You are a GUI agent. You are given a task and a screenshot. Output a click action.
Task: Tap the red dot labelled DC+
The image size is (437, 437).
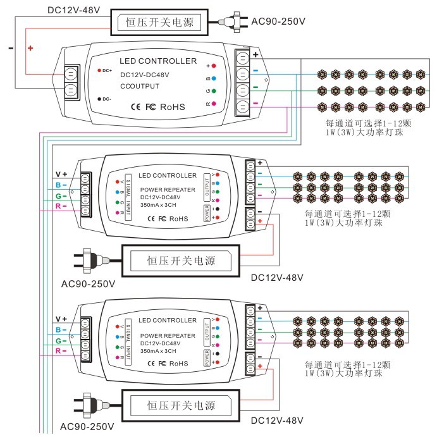pyautogui.click(x=99, y=70)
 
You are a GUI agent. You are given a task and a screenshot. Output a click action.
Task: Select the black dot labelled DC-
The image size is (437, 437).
pyautogui.click(x=99, y=99)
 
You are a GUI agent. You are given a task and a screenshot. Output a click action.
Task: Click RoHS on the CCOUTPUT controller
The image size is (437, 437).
pyautogui.click(x=173, y=108)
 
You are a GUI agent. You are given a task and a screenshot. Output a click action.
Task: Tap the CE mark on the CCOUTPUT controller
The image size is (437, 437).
pyautogui.click(x=135, y=108)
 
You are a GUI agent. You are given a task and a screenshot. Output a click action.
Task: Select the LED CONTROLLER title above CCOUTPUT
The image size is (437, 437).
pyautogui.click(x=158, y=61)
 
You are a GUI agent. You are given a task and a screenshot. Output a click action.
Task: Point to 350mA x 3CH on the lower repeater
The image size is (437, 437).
pyautogui.click(x=161, y=350)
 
